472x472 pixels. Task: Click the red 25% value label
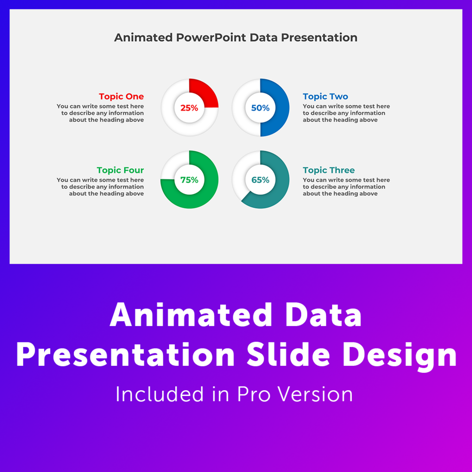(x=189, y=108)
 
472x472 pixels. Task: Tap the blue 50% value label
(x=260, y=108)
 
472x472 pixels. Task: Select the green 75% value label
(x=189, y=180)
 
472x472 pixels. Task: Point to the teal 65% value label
(x=260, y=180)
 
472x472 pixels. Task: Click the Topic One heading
(x=121, y=96)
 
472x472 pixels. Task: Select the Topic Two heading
(x=325, y=96)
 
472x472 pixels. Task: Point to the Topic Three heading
(x=329, y=170)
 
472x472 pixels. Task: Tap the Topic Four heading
(x=120, y=170)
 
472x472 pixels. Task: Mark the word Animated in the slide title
(x=143, y=38)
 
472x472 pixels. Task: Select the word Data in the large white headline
(x=323, y=315)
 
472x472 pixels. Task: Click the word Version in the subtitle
(x=315, y=394)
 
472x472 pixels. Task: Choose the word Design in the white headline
(x=400, y=357)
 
